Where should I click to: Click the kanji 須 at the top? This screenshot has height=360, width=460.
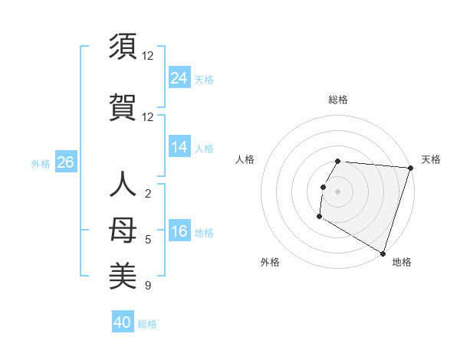pos(123,47)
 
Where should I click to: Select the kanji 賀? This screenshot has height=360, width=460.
pos(123,106)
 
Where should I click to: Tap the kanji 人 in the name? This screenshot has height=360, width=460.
pos(123,185)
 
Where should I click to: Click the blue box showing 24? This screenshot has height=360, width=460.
pos(179,78)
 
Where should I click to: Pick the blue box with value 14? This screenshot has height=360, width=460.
pos(179,147)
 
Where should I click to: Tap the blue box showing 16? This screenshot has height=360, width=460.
pos(179,231)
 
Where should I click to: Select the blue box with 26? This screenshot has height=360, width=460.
pos(65,162)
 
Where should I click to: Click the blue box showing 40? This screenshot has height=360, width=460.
pos(123,322)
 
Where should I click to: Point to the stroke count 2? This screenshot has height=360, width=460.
pos(147,194)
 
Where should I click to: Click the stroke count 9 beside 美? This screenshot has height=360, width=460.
pos(147,286)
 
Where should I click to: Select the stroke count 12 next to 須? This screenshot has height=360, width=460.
pos(147,56)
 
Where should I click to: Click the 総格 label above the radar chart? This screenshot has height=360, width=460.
pos(337,100)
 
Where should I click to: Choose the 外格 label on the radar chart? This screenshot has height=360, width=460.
pos(270,262)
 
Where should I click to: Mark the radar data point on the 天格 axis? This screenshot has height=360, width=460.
pos(411,168)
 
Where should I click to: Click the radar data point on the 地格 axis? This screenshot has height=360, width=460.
pos(383,253)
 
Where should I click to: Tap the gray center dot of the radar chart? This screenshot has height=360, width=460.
pos(337,191)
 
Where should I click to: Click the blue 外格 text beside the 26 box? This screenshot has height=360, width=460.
pos(41,163)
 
